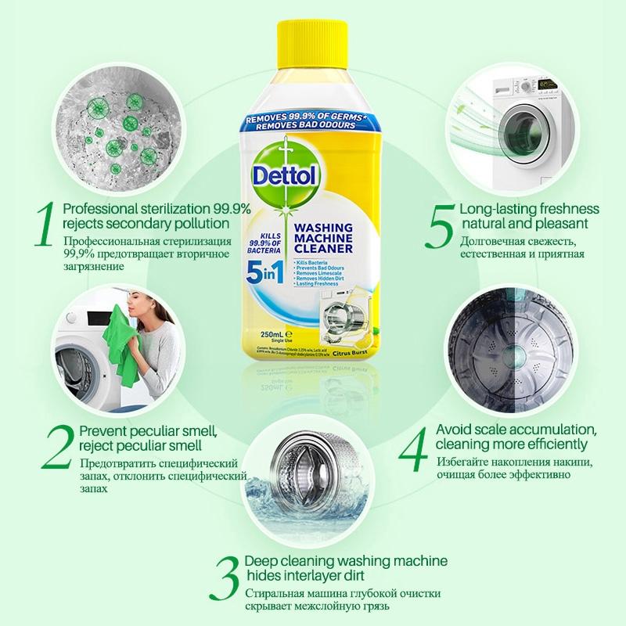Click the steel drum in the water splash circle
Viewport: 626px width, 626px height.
pos(313,469)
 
